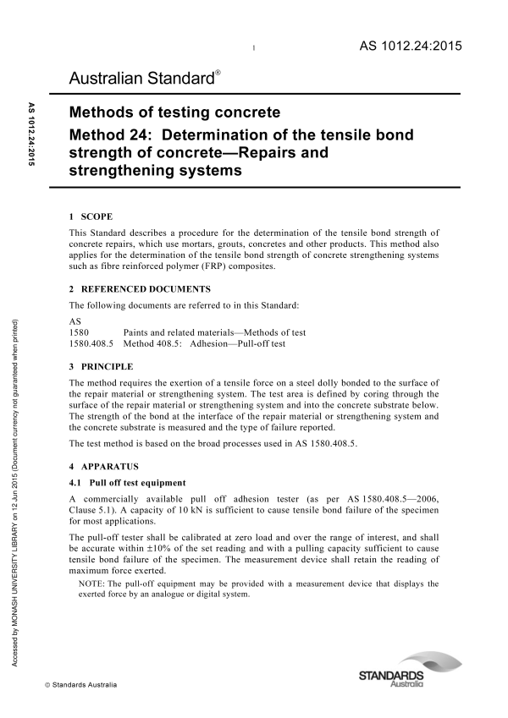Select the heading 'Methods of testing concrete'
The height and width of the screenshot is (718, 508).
pos(174,113)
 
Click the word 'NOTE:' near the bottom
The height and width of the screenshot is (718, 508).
pos(91,583)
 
